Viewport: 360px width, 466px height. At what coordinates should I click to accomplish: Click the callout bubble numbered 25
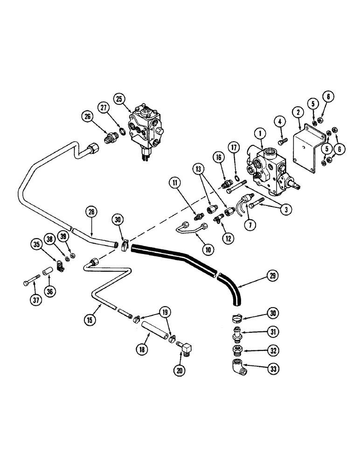tap(119, 99)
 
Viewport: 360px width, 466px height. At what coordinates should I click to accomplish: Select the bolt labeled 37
tap(31, 282)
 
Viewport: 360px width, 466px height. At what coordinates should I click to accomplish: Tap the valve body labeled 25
tap(146, 128)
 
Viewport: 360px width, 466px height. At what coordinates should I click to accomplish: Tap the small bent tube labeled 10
tap(191, 229)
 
